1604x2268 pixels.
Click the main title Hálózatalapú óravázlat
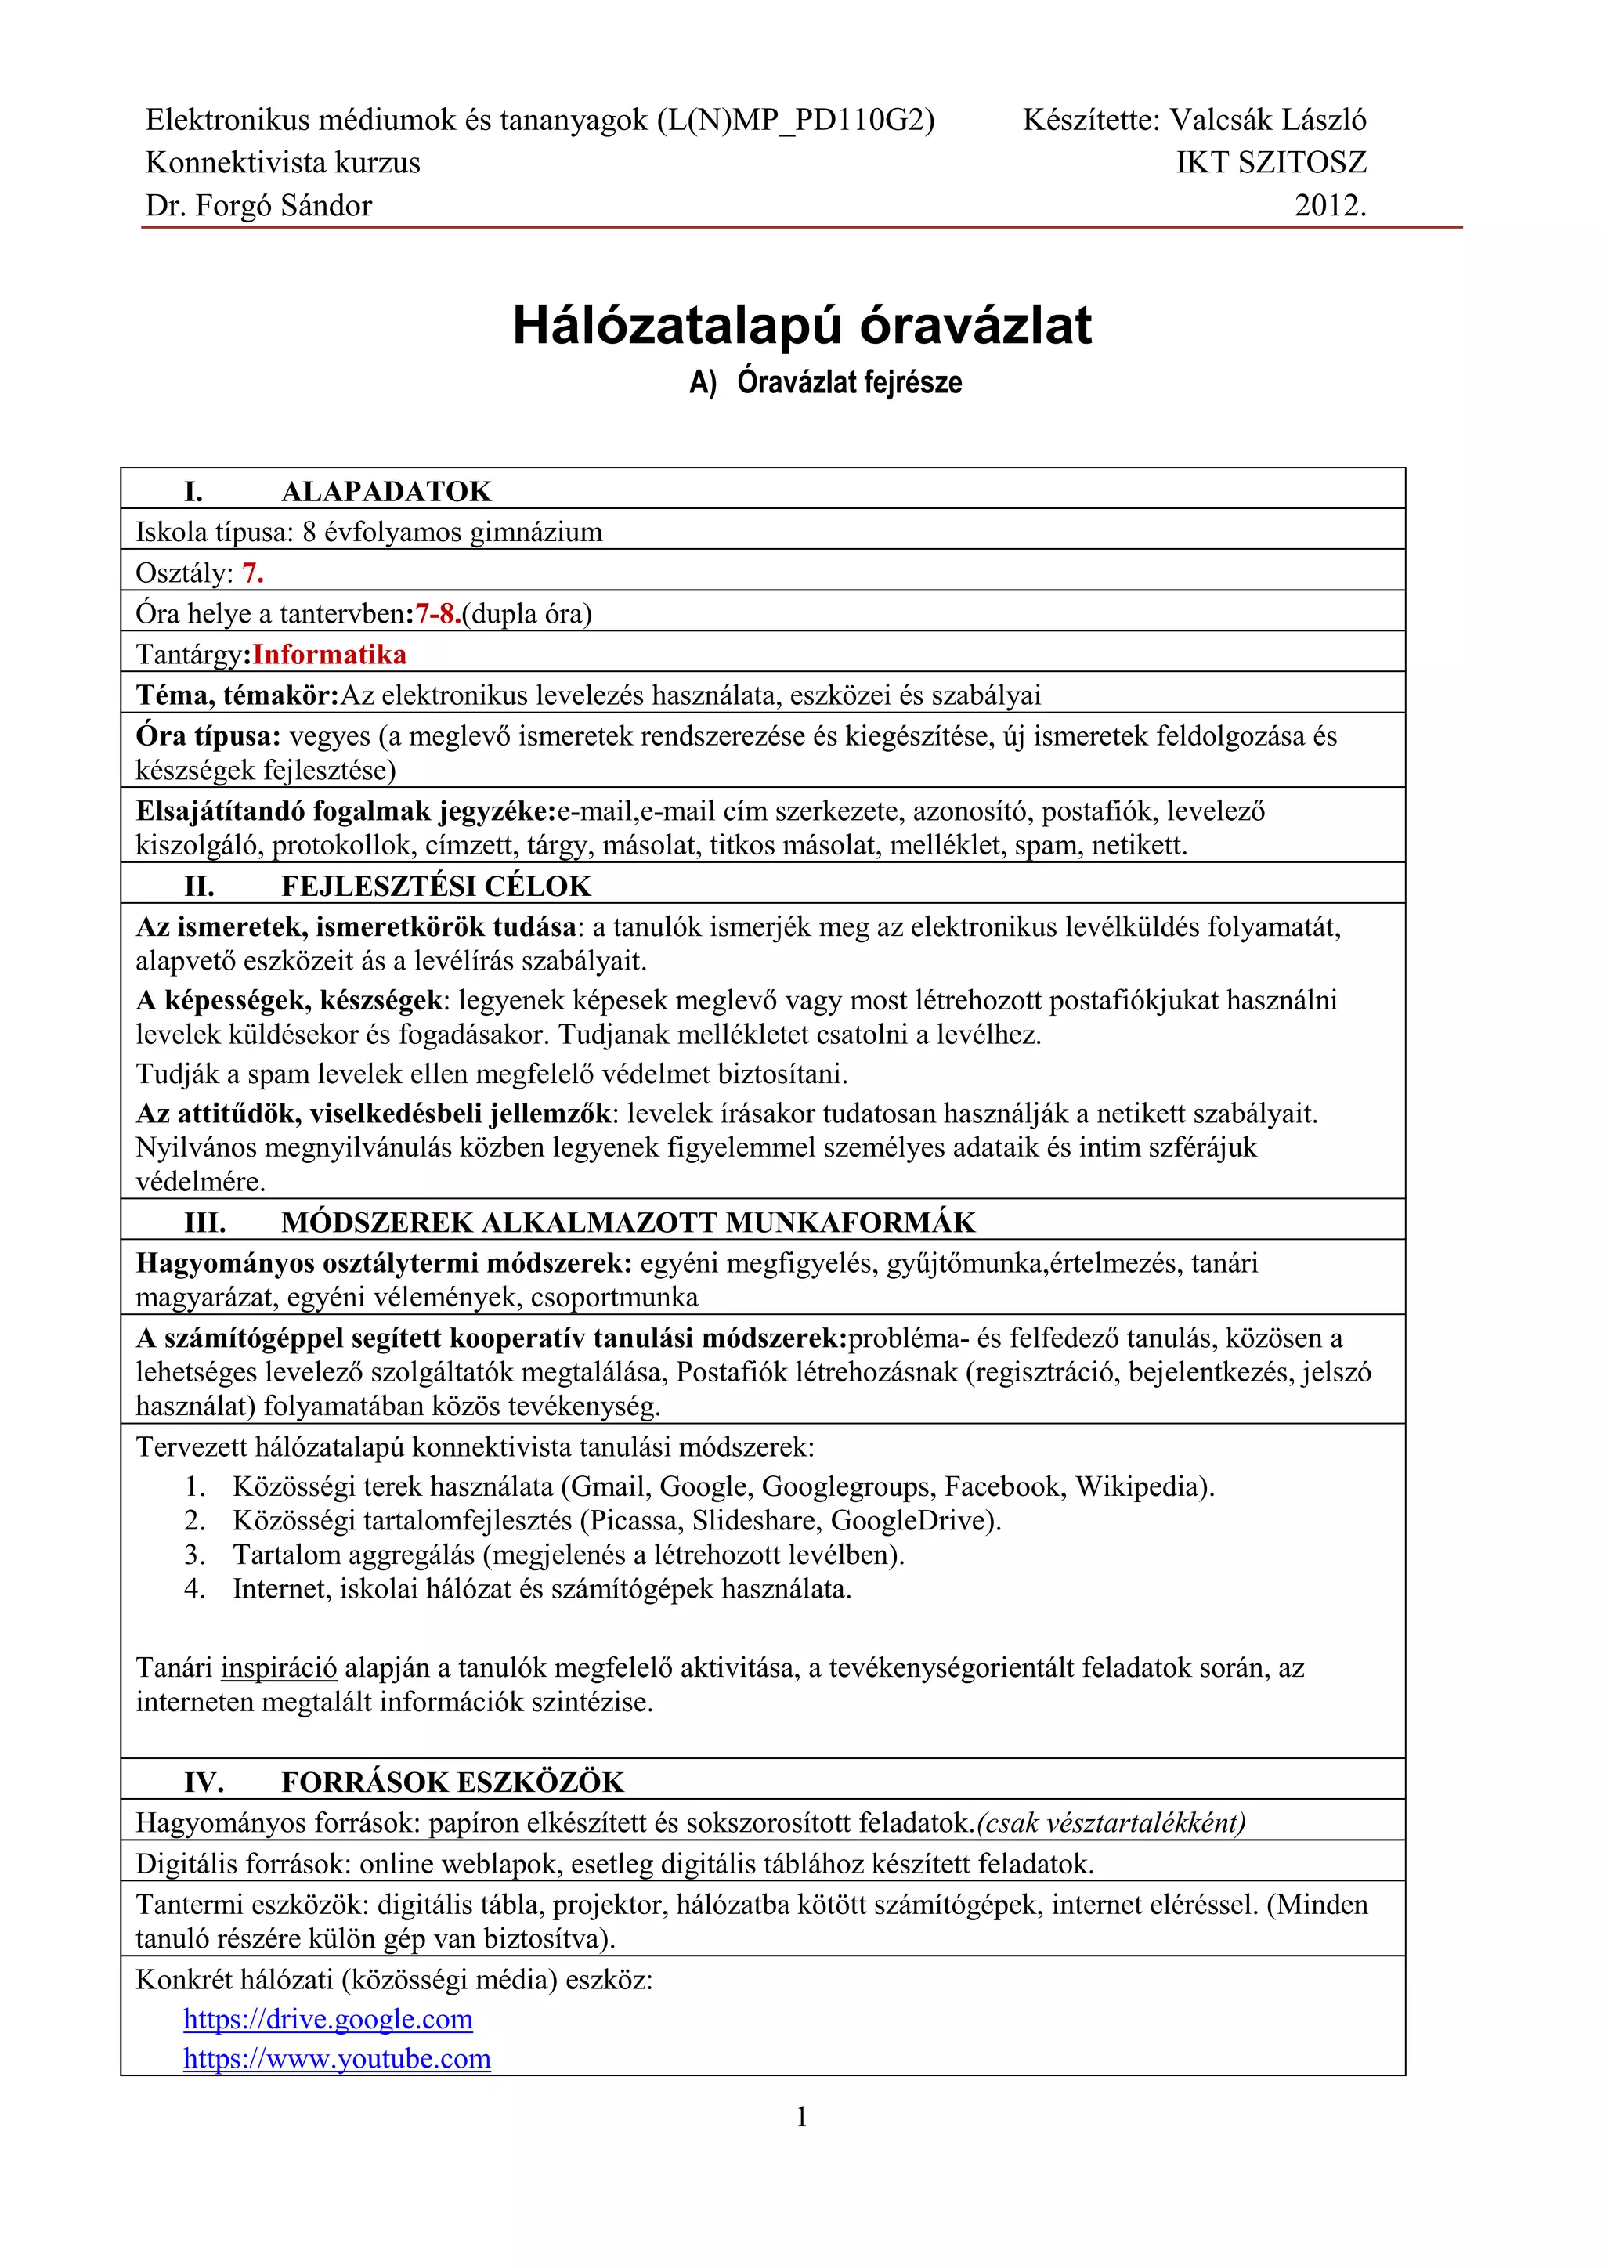point(801,325)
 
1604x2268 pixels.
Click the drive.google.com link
point(328,2018)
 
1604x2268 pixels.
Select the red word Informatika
point(329,654)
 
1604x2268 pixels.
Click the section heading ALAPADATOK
point(386,491)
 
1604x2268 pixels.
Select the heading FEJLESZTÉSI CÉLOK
point(435,885)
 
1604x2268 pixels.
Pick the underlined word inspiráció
point(279,1667)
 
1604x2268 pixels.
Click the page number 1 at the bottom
point(801,2116)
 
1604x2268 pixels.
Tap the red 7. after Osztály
point(253,573)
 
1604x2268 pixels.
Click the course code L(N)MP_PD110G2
point(794,120)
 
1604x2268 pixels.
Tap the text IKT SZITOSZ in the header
point(1270,162)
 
